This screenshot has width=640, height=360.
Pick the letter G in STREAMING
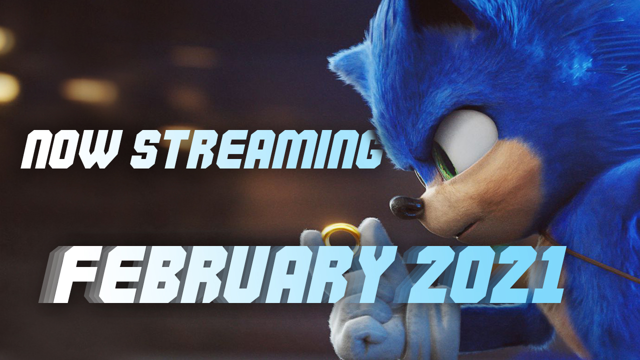coord(366,149)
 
